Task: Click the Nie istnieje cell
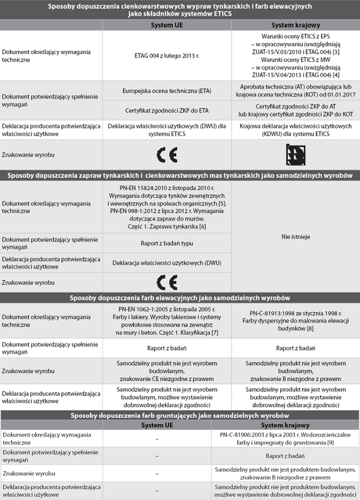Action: (295, 237)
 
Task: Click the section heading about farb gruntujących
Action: (180, 415)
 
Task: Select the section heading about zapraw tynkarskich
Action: (180, 176)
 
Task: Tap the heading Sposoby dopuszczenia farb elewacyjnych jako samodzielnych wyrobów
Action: (180, 298)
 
